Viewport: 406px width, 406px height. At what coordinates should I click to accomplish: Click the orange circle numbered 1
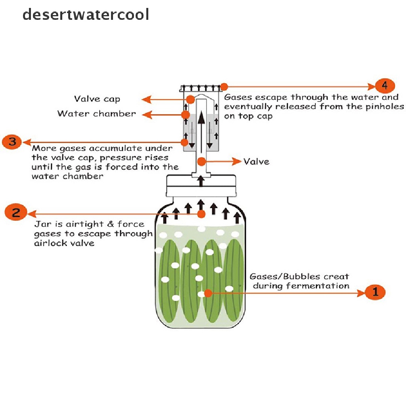coord(375,293)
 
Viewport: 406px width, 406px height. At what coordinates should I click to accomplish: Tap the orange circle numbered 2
coord(16,213)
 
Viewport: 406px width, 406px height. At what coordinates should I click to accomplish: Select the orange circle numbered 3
coord(12,142)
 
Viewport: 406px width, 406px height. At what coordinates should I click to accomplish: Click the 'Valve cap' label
coord(97,99)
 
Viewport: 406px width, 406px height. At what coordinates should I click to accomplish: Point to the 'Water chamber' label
coord(96,114)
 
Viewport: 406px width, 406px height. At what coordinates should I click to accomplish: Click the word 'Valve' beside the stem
coord(256,161)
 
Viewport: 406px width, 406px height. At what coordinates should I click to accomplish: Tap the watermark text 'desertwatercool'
coord(86,15)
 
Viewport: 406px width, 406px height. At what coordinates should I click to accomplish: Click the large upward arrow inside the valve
coord(202,131)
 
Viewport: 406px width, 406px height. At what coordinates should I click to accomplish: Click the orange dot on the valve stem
coord(202,161)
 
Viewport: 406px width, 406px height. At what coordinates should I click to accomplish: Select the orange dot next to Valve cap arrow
coord(191,99)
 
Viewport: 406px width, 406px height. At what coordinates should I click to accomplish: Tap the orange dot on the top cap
coord(224,86)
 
